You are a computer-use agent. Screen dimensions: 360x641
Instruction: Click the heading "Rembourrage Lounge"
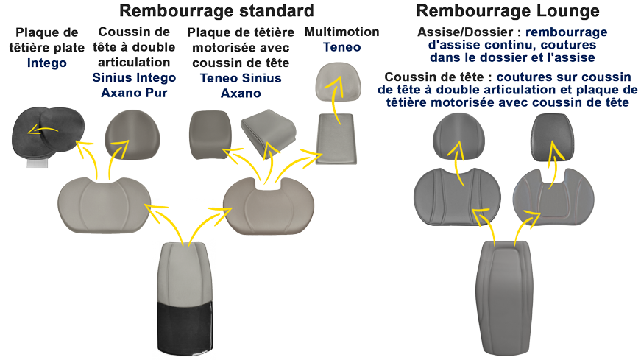[x=507, y=11]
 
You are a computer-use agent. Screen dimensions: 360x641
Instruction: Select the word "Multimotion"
[x=341, y=32]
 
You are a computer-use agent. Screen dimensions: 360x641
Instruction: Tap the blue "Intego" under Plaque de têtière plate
[x=47, y=63]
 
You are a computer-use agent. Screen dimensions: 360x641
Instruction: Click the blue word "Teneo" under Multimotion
[x=341, y=47]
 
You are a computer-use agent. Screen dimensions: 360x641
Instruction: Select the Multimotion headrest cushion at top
[x=337, y=82]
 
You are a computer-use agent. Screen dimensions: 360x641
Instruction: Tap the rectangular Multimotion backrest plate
[x=337, y=139]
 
